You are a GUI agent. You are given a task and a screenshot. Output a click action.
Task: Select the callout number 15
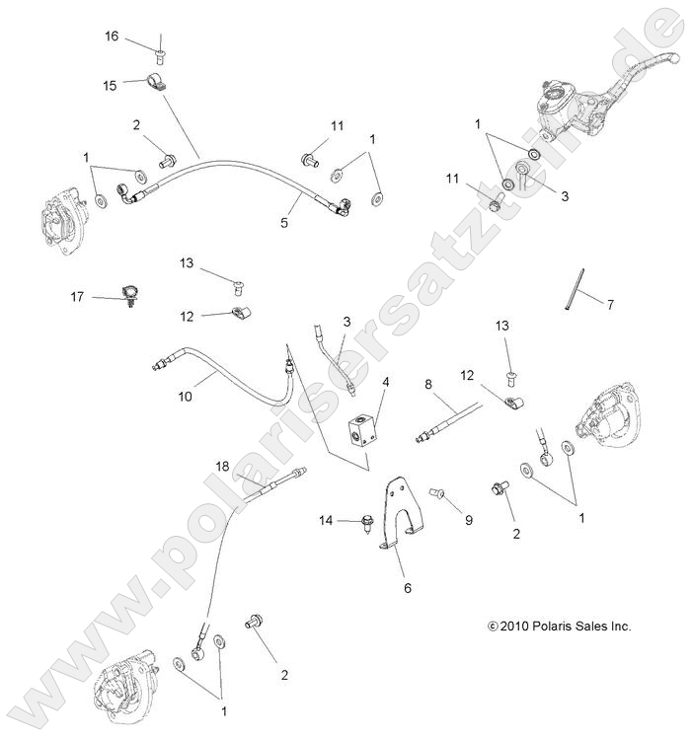pos(110,86)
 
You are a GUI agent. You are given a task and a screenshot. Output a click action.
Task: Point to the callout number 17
pos(76,296)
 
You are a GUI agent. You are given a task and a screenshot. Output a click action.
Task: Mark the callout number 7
pos(610,305)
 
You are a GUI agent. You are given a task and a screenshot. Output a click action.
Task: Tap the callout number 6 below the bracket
pos(406,588)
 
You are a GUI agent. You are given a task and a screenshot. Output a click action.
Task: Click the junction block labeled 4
pos(356,430)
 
